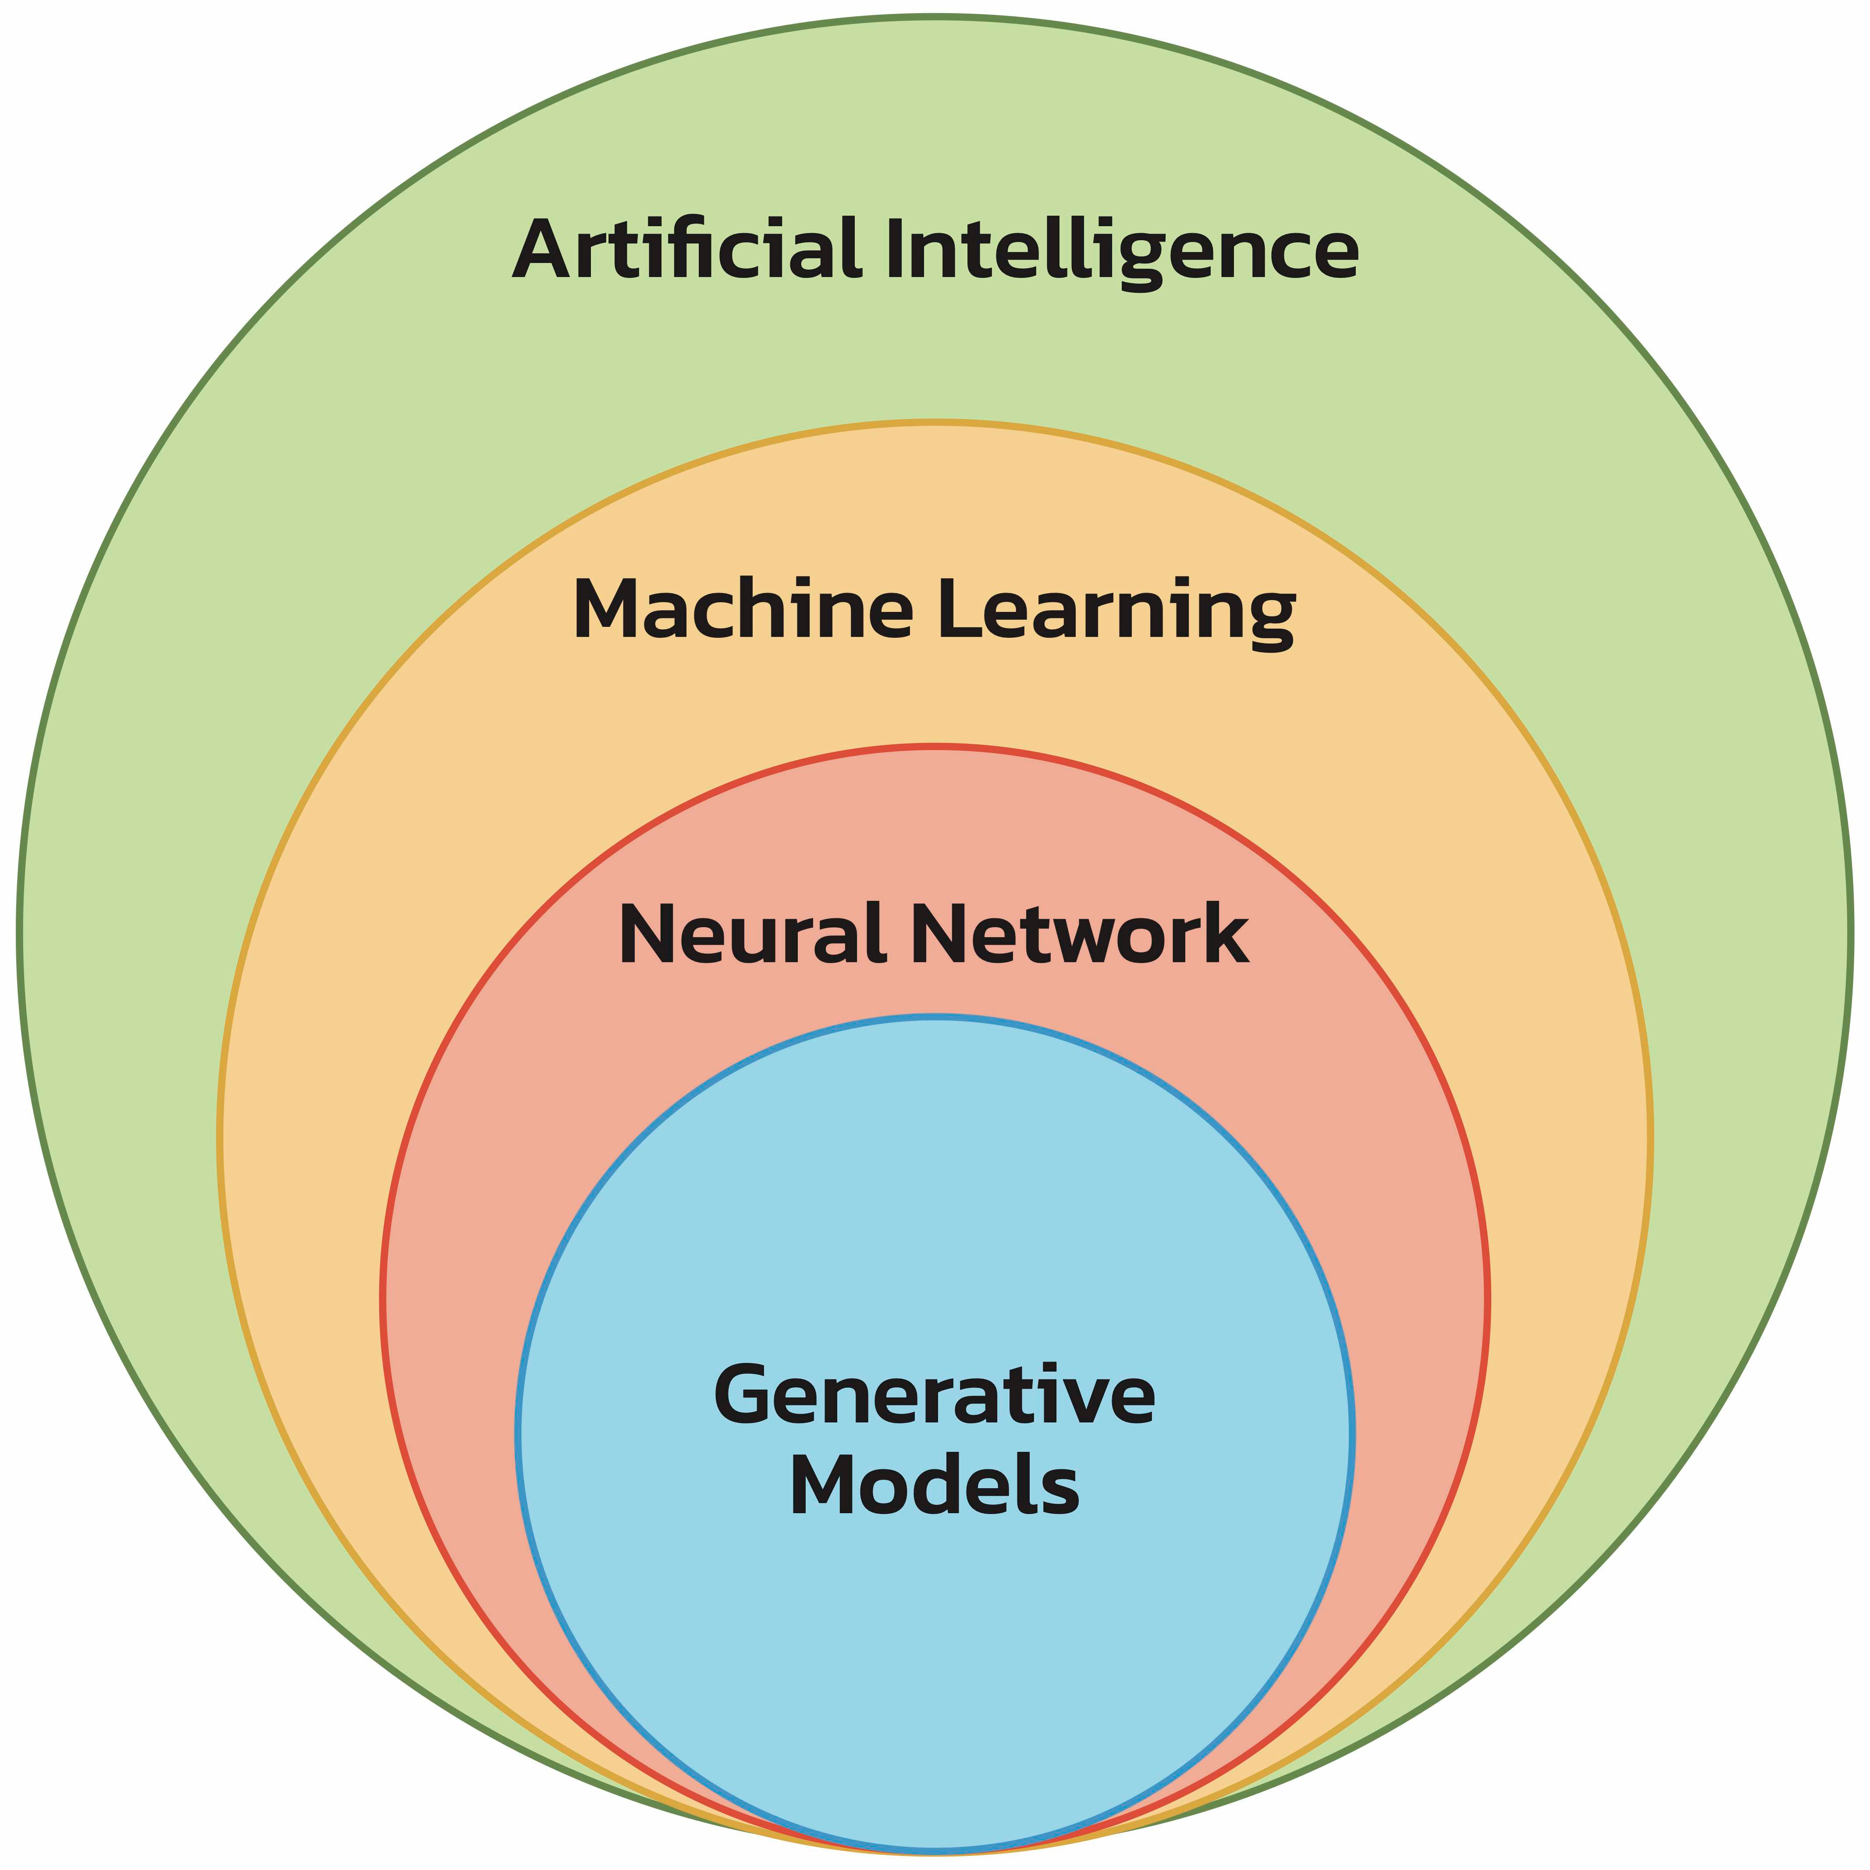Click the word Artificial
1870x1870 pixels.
685,249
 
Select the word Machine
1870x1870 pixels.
743,610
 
